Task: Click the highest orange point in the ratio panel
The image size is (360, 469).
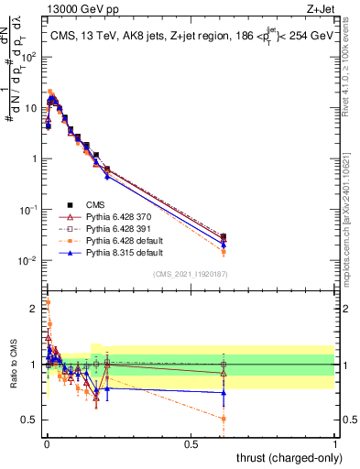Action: coord(48,301)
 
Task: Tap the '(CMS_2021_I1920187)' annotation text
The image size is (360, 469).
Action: coord(191,273)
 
